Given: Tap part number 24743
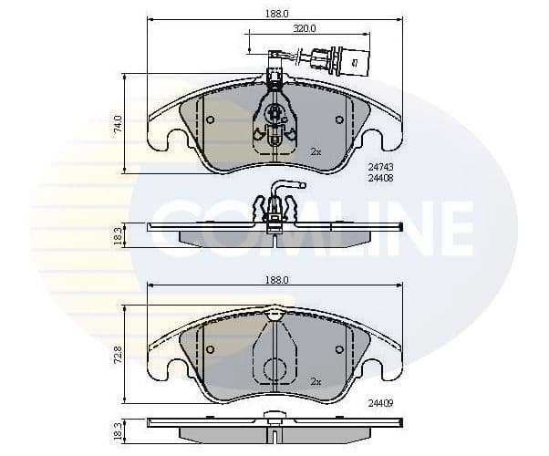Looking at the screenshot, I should [379, 167].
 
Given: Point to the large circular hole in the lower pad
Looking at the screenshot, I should [274, 369].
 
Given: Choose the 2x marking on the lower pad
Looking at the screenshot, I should [316, 381].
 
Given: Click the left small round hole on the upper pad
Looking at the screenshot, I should [210, 119].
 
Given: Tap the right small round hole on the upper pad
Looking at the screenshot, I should [339, 119].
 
